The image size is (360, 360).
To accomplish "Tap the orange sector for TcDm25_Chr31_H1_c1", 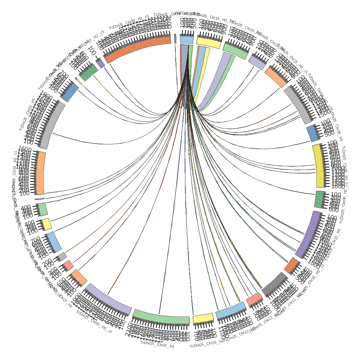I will click(41, 173).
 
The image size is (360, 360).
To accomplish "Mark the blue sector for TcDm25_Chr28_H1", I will click(312, 134).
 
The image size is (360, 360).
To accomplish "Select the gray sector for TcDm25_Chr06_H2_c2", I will click(298, 104).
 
